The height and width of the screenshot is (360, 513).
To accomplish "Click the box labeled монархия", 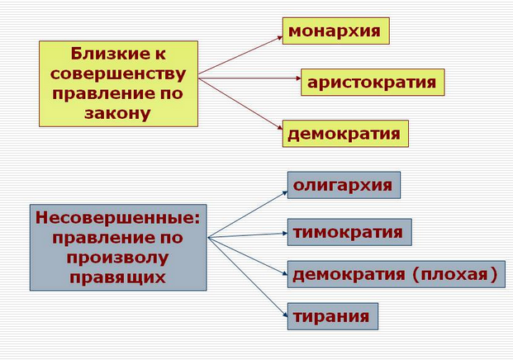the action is (335, 31).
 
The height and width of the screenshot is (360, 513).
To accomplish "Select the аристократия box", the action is (373, 82).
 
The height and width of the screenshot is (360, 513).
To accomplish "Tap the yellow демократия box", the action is (345, 134).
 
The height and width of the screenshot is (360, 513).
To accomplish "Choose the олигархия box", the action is (344, 185).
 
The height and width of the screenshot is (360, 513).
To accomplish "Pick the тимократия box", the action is (349, 232).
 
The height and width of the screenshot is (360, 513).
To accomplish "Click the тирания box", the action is (333, 316).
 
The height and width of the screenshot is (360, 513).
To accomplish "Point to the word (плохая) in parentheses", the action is (455, 274).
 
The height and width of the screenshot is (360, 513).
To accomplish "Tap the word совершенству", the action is (118, 74).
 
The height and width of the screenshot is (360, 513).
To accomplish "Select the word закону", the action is (117, 113).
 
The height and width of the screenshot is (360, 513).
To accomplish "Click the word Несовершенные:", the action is (117, 217).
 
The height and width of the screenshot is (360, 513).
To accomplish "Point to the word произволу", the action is (117, 258).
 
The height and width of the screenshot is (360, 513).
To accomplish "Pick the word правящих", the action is (117, 277).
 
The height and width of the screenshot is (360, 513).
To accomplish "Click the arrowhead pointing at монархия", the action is (280, 38).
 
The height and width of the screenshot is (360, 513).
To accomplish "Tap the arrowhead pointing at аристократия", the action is (298, 78).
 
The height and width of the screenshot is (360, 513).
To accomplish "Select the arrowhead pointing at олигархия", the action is (285, 193).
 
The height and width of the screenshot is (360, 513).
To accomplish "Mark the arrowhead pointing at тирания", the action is (285, 315).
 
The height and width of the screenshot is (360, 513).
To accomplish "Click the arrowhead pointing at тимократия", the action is (285, 233).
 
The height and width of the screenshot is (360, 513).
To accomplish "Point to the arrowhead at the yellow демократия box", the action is (280, 127).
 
